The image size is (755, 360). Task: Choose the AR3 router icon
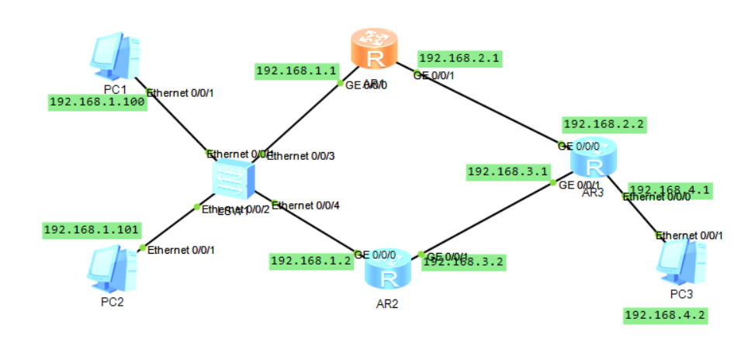coord(594,162)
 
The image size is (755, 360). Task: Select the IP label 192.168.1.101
coord(92,230)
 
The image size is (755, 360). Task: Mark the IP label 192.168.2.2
coord(604,123)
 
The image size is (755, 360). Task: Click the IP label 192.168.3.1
coord(508,171)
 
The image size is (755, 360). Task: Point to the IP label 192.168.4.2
coord(666,315)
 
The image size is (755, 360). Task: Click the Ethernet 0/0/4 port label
coord(306,206)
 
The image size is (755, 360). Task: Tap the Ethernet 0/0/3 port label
coord(301,156)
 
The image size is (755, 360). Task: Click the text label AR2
coord(386,303)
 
